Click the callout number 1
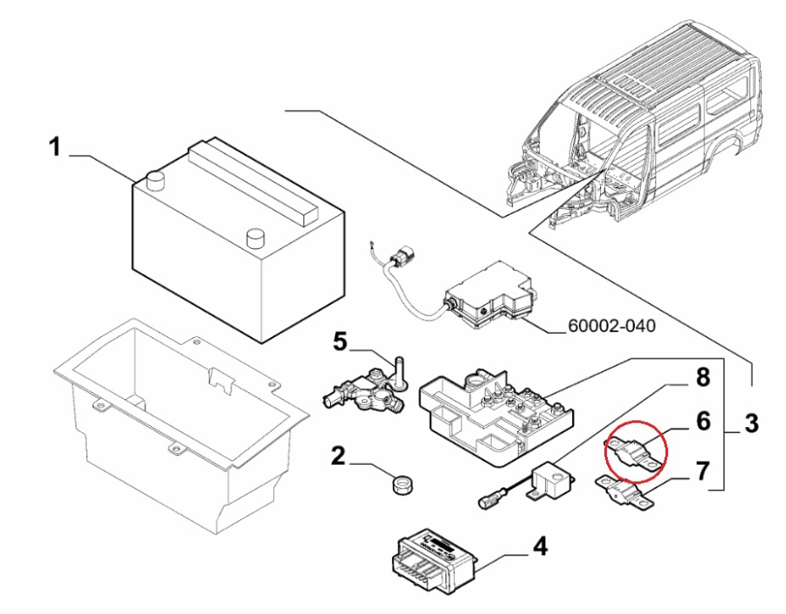pos(54,148)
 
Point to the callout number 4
pos(541,547)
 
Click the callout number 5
pos(340,341)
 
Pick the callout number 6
pos(703,422)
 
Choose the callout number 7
pos(703,473)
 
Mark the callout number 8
pos(703,378)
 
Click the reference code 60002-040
pos(611,327)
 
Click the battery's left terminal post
pos(157,180)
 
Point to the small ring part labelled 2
pos(401,485)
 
